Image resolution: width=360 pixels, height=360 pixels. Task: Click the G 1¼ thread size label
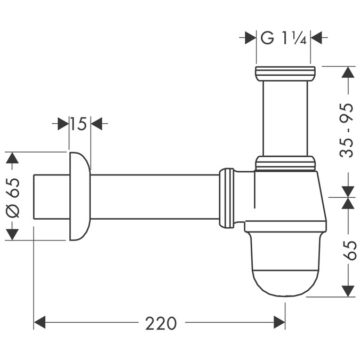tap(283, 38)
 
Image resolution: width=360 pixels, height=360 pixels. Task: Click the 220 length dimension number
tap(161, 323)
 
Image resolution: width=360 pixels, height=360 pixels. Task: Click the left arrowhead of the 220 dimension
tap(40, 322)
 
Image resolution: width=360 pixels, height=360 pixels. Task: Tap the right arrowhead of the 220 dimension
tap(279, 322)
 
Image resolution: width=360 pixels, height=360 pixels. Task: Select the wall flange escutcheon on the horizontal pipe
tap(79, 196)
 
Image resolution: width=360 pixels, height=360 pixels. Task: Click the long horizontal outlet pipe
tap(155, 196)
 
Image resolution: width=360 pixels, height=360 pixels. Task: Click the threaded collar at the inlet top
tap(285, 73)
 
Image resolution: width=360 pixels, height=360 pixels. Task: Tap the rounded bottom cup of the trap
tap(285, 267)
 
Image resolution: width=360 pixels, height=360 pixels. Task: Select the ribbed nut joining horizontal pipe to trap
tap(227, 197)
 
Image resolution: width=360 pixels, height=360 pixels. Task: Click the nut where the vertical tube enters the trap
tap(285, 163)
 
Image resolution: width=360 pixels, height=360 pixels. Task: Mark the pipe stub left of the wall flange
tap(51, 196)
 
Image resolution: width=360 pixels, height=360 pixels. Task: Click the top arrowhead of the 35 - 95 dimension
tap(348, 72)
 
